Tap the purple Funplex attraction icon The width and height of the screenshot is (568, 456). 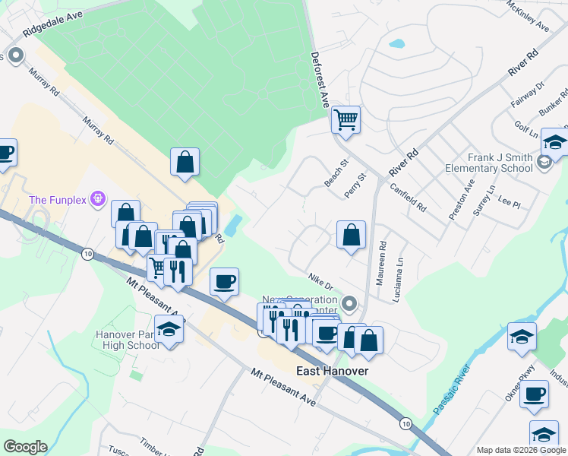[97, 199]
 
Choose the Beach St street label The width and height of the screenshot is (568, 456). [336, 173]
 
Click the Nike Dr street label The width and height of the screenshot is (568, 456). [321, 282]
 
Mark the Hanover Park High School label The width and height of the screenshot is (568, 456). [128, 340]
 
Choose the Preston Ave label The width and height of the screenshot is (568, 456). [461, 200]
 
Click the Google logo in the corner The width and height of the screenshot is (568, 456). [25, 447]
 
